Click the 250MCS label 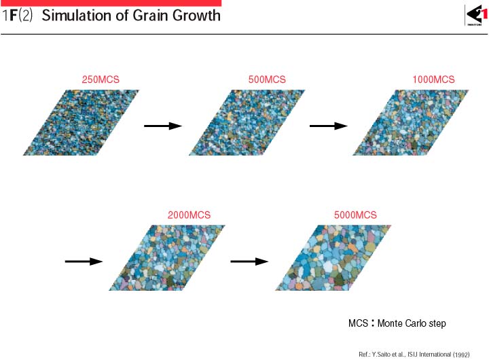tap(101, 79)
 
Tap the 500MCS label tap(267, 79)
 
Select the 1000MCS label tap(433, 79)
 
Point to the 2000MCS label tap(189, 215)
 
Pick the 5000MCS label tap(355, 215)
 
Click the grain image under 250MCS tap(81, 122)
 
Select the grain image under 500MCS tap(247, 122)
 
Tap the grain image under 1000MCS tap(411, 122)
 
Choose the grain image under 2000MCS tap(167, 257)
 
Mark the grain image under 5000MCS tap(333, 257)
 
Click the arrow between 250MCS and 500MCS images tap(163, 126)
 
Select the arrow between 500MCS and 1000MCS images tap(329, 126)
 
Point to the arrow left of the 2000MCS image tap(84, 262)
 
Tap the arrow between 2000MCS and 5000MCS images tap(249, 262)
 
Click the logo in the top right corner tap(476, 16)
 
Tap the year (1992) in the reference tap(461, 355)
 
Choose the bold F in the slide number tap(13, 16)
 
